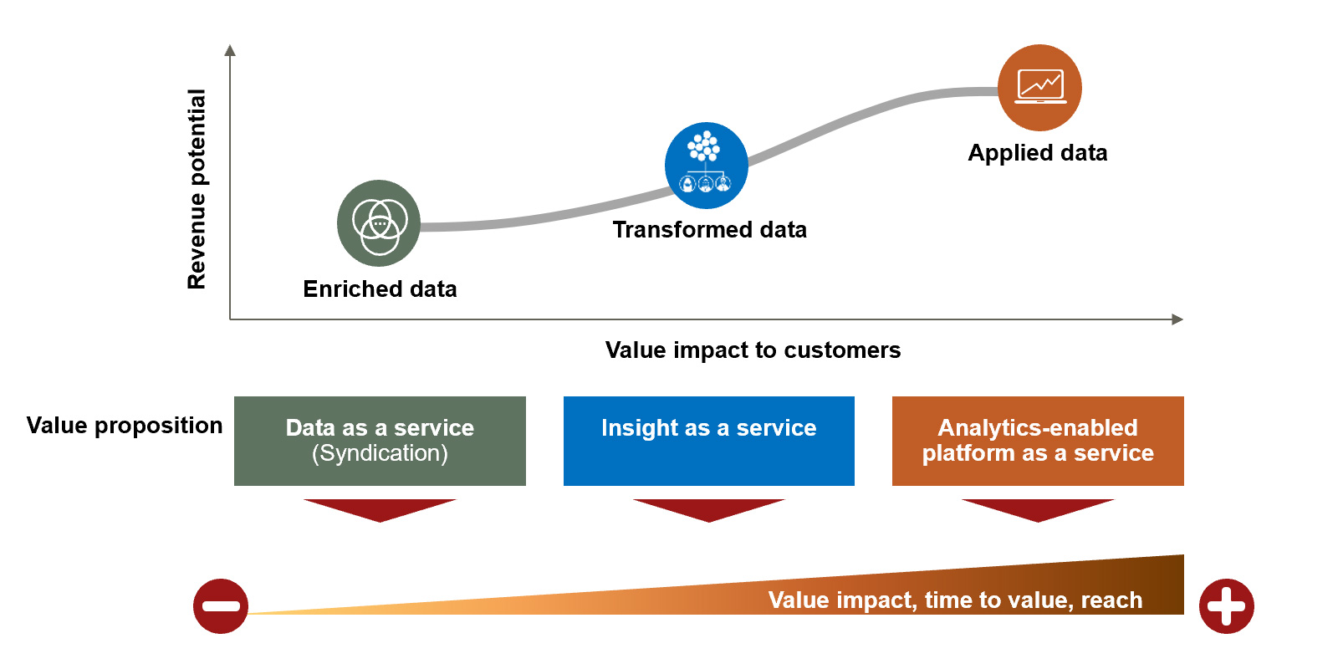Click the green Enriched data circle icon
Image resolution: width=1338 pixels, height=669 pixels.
(x=379, y=223)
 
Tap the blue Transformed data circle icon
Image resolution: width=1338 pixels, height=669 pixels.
(x=707, y=166)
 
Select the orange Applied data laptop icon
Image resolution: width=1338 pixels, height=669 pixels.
(x=1039, y=87)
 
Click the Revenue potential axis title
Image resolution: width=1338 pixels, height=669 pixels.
(x=197, y=189)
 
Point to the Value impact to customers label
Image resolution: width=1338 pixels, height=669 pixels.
(x=753, y=350)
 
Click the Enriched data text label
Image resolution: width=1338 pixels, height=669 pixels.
(x=380, y=289)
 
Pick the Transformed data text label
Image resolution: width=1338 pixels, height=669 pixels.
(x=709, y=229)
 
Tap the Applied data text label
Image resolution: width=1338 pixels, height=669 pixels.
(x=1037, y=152)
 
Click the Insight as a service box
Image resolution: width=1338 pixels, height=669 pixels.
(x=708, y=441)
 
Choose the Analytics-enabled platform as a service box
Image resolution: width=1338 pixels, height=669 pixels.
(x=1038, y=441)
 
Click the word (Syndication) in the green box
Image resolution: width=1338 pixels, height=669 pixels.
(x=380, y=453)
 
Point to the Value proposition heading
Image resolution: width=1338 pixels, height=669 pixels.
(x=125, y=425)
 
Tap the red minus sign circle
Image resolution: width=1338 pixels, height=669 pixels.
(x=221, y=606)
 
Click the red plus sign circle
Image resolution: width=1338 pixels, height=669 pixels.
(x=1226, y=606)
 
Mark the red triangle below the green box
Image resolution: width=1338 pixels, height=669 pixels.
(x=380, y=508)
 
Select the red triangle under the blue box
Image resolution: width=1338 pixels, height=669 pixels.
(x=708, y=508)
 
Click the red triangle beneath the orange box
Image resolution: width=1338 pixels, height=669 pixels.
(x=1038, y=508)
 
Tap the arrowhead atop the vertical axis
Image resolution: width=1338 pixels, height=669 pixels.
(x=230, y=50)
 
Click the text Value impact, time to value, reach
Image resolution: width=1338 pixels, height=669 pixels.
(x=955, y=600)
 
